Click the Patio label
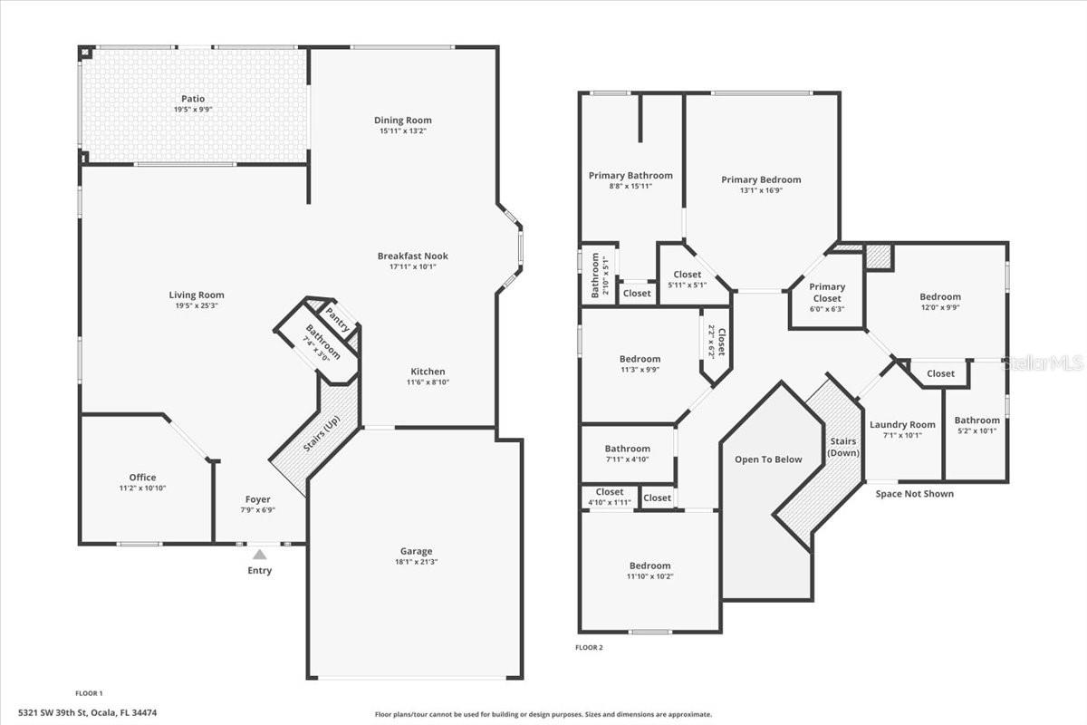(192, 99)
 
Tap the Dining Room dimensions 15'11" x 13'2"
(402, 131)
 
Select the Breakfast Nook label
(412, 256)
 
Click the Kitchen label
(428, 372)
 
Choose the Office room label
(142, 478)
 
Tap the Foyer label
(258, 499)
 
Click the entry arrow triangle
(259, 555)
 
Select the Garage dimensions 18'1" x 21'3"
(417, 562)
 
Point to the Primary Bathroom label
(630, 176)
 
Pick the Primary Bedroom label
(761, 179)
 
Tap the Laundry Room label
(902, 425)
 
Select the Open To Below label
(768, 459)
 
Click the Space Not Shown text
(914, 494)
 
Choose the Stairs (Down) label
(843, 447)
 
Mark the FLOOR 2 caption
(589, 647)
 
